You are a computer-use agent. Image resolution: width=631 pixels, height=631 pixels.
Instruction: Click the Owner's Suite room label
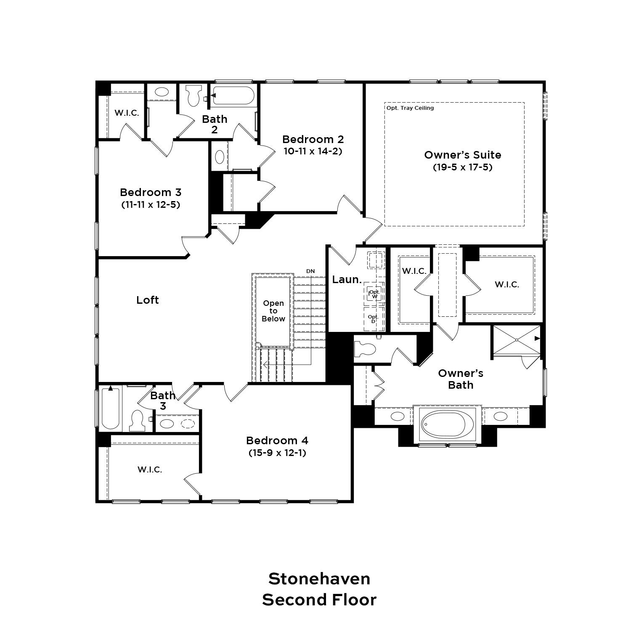(x=463, y=155)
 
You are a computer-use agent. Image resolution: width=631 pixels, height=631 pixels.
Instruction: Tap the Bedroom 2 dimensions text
(x=313, y=151)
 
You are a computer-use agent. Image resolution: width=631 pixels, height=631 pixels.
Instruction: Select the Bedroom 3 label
(x=151, y=192)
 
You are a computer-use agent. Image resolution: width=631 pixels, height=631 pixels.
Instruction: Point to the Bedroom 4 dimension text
(x=277, y=453)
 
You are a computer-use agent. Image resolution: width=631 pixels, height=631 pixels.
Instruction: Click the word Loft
(x=148, y=300)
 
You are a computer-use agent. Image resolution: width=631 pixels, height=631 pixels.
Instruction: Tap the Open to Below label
(x=273, y=311)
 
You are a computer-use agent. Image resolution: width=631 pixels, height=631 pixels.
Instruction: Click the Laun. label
(x=347, y=279)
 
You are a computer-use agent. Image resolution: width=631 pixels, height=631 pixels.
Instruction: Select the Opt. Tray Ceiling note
(x=410, y=108)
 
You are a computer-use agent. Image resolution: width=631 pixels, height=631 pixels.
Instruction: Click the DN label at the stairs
(x=310, y=271)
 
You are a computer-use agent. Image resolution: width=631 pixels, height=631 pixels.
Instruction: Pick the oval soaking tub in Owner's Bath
(x=448, y=424)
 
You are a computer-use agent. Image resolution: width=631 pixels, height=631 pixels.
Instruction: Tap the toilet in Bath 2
(x=194, y=96)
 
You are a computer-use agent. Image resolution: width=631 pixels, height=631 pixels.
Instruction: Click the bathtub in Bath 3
(x=111, y=408)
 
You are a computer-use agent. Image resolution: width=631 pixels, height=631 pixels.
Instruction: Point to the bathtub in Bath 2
(x=233, y=96)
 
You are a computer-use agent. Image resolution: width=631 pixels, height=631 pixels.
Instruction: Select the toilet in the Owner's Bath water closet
(x=364, y=349)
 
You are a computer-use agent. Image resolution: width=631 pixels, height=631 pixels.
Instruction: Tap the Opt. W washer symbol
(x=374, y=293)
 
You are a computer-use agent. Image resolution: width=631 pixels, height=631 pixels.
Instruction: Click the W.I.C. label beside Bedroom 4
(x=150, y=469)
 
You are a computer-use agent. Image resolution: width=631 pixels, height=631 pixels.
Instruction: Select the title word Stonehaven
(x=319, y=579)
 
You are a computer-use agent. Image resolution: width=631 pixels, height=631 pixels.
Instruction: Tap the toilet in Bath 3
(x=137, y=420)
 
